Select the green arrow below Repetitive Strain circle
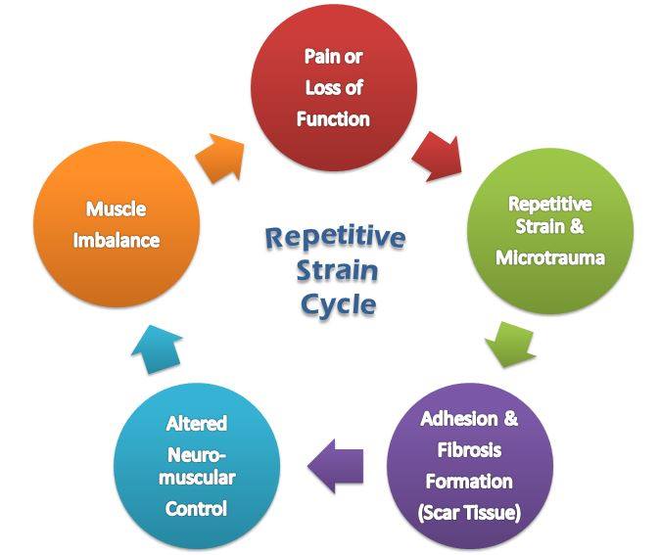(x=510, y=343)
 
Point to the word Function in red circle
(x=335, y=119)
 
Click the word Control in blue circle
(x=197, y=508)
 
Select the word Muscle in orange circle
(x=116, y=208)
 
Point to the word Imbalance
(x=116, y=240)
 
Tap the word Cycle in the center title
(x=337, y=304)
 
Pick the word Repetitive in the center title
(x=336, y=238)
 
